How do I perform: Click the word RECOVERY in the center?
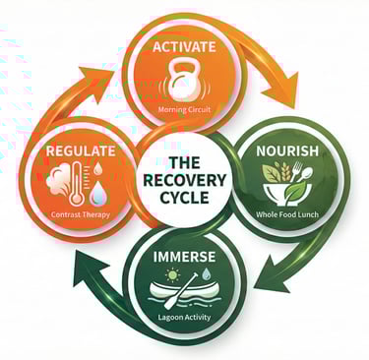click(184, 181)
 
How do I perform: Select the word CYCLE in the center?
click(184, 200)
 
